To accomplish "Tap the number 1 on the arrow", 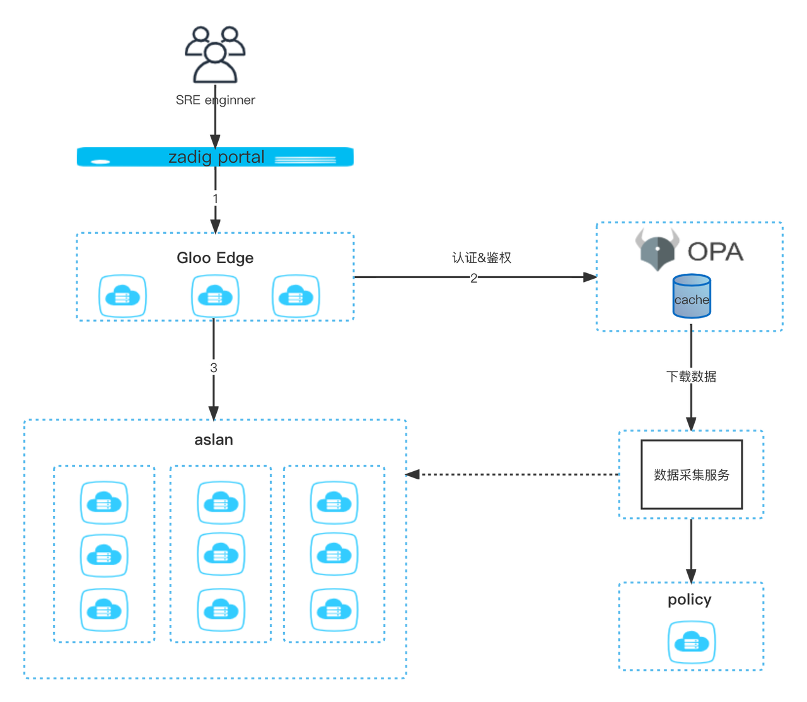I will (x=215, y=199).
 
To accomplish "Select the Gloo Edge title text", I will (x=215, y=258).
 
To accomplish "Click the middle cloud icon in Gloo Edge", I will (x=215, y=295).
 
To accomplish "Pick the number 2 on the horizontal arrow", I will (x=473, y=277).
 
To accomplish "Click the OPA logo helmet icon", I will (x=658, y=250).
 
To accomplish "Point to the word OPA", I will (x=716, y=252).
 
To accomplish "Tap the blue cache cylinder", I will (x=692, y=296).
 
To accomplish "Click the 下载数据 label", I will (x=691, y=377).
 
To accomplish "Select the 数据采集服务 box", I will (x=692, y=474).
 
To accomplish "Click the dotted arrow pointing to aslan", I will (x=511, y=474).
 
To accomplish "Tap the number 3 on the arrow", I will (x=214, y=368).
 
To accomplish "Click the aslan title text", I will (x=214, y=440).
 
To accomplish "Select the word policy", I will (x=690, y=599).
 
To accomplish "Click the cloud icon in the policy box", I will (x=692, y=642).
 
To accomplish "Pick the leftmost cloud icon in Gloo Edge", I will (x=123, y=295).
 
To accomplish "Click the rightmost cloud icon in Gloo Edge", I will (x=296, y=295).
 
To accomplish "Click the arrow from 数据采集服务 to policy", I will (x=691, y=549).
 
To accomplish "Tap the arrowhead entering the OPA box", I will (x=588, y=277).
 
